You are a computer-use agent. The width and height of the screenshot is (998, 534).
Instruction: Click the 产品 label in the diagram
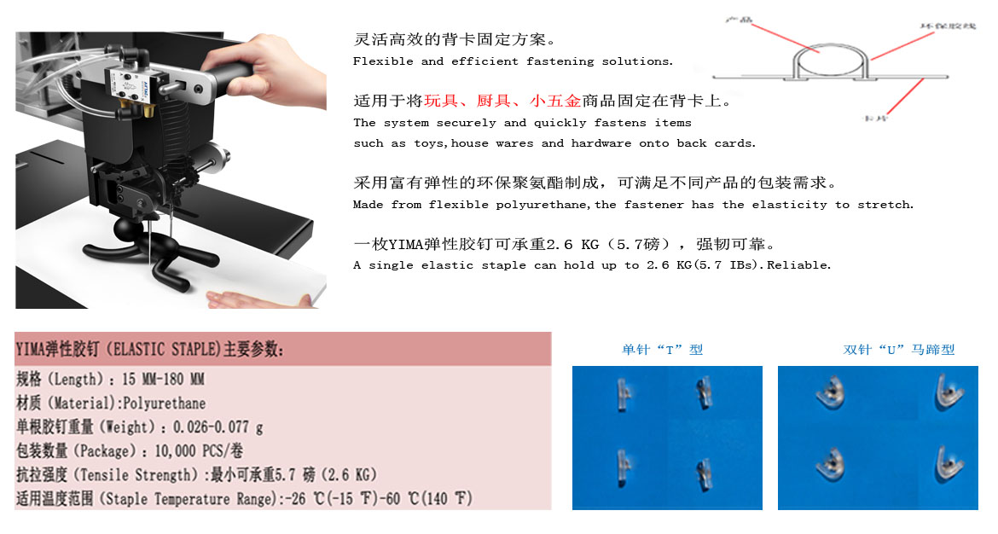click(739, 19)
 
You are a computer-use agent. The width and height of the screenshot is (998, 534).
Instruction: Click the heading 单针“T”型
click(662, 349)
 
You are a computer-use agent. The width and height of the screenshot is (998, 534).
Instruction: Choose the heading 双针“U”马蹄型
click(898, 349)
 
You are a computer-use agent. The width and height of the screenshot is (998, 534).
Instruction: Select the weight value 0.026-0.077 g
click(218, 427)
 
